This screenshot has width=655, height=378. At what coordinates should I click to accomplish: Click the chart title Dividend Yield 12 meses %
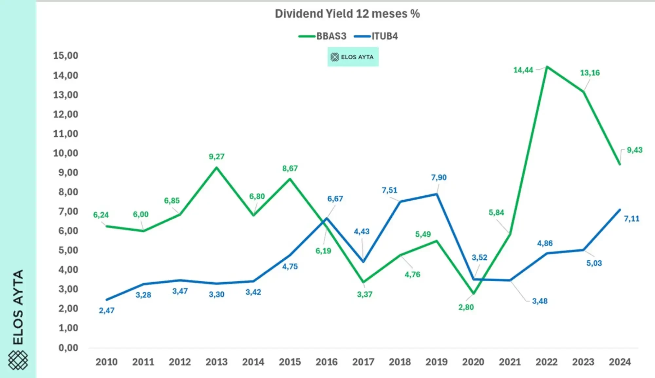[x=347, y=14]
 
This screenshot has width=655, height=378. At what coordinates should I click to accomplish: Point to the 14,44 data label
[x=523, y=70]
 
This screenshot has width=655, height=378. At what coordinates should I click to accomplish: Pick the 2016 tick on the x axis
[x=327, y=362]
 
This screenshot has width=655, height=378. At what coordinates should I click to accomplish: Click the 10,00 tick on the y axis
[x=65, y=153]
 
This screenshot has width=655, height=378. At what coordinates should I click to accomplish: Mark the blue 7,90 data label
[x=439, y=178]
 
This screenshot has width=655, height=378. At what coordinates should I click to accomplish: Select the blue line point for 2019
[x=437, y=194]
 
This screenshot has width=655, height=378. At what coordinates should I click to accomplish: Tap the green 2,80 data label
[x=466, y=308]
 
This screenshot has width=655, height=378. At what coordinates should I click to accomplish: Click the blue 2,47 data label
[x=107, y=310]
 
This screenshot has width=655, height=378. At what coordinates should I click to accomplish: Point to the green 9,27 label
[x=216, y=157]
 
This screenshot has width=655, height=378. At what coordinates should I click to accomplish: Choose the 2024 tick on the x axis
[x=620, y=362]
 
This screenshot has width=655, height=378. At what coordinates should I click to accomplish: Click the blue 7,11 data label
[x=631, y=219]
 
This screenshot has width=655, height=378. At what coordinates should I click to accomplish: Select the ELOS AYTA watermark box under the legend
[x=353, y=57]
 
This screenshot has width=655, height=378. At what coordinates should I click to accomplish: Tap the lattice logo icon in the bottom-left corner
[x=18, y=360]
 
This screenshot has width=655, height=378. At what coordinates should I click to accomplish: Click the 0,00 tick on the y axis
[x=68, y=348]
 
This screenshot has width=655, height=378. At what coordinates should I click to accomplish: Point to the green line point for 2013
[x=216, y=168]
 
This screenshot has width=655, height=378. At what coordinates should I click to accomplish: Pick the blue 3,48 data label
[x=539, y=301]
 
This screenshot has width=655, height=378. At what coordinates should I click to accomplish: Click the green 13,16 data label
[x=590, y=73]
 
